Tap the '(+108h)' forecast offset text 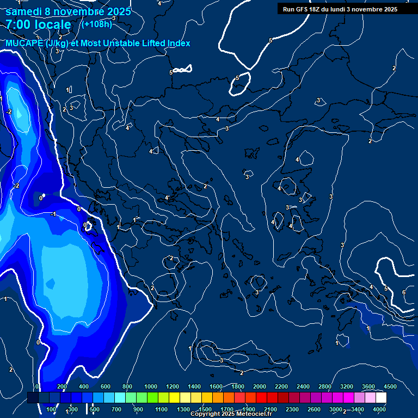click(x=96, y=24)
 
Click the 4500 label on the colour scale click(x=390, y=386)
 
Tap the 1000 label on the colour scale click(x=151, y=386)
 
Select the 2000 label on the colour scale click(x=260, y=386)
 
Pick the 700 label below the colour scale click(x=116, y=409)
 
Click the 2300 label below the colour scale click(x=292, y=409)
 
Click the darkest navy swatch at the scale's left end click(x=33, y=398)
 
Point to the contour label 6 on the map click(x=403, y=293)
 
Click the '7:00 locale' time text click(x=38, y=25)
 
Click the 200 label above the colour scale click(x=62, y=386)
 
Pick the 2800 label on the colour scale click(x=325, y=386)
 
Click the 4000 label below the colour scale click(x=379, y=409)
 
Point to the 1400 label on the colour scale click(x=194, y=386)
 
